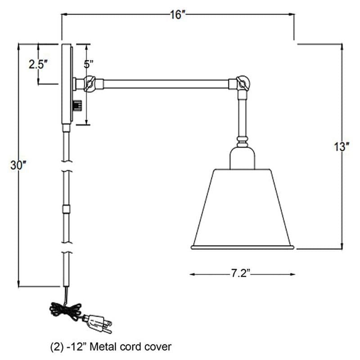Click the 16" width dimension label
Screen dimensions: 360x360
178,15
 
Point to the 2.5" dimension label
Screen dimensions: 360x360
38,64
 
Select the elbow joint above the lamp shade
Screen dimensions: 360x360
242,83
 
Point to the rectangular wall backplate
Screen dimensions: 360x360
66,83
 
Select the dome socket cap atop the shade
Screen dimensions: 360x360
243,158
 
